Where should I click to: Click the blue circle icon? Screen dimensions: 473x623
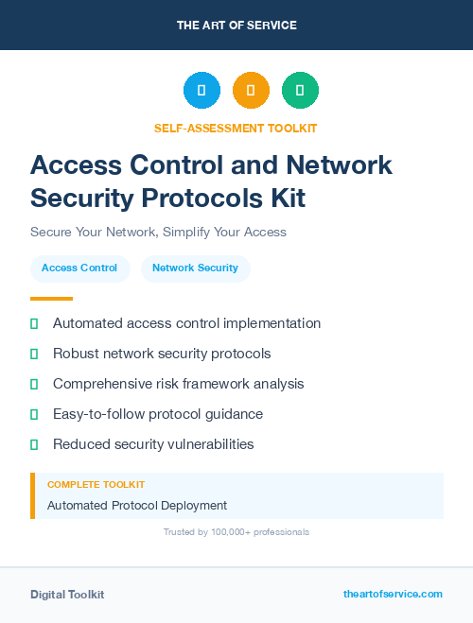pyautogui.click(x=201, y=90)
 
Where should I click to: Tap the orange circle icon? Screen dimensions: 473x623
pyautogui.click(x=251, y=90)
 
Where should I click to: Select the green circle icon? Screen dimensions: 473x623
pyautogui.click(x=300, y=90)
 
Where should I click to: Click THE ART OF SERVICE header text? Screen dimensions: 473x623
pyautogui.click(x=236, y=26)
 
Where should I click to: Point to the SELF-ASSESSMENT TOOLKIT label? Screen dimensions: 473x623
pyautogui.click(x=236, y=128)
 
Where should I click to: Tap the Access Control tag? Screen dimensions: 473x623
pyautogui.click(x=79, y=268)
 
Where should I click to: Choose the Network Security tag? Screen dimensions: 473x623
pyautogui.click(x=195, y=268)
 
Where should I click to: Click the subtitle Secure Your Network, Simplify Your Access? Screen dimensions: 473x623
pyautogui.click(x=158, y=232)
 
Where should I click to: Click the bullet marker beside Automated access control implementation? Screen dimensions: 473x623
pyautogui.click(x=34, y=323)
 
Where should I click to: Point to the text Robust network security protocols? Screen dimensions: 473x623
pyautogui.click(x=162, y=354)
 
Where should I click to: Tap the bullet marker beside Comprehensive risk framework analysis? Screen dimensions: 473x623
pyautogui.click(x=34, y=384)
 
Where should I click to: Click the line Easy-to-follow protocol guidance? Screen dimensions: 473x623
pyautogui.click(x=158, y=414)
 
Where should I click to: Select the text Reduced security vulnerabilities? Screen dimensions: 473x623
pyautogui.click(x=153, y=444)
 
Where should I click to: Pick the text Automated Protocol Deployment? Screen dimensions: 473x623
pyautogui.click(x=137, y=505)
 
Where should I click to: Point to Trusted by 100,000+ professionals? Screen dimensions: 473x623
pyautogui.click(x=236, y=532)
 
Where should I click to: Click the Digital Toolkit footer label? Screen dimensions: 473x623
pyautogui.click(x=67, y=595)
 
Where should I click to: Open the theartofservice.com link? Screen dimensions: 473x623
pyautogui.click(x=393, y=594)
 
